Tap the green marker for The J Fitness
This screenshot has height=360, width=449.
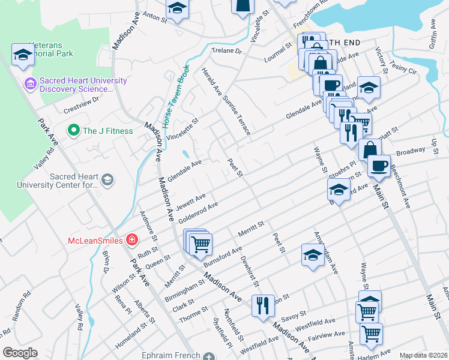point(74,130)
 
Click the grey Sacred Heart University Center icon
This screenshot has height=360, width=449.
point(107,180)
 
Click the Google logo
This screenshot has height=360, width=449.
point(20,352)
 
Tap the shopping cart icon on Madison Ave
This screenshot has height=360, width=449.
point(200,244)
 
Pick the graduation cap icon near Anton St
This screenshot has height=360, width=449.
point(177,8)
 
